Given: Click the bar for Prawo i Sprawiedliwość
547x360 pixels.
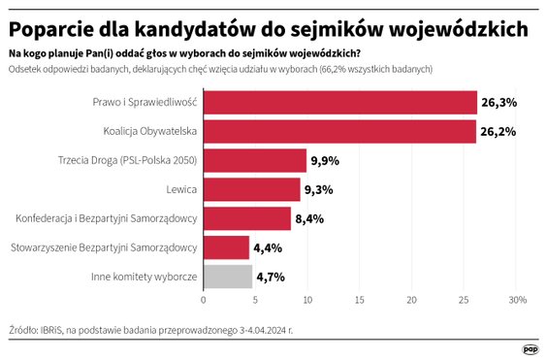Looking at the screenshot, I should [339, 103].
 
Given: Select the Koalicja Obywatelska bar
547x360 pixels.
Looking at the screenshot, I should [339, 132].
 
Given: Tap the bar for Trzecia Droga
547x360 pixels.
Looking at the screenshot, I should [254, 160].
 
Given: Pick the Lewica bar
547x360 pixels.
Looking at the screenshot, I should [251, 189].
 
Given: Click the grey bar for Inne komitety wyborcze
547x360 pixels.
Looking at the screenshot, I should [227, 277].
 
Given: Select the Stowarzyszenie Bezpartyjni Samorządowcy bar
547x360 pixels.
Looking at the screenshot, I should [226, 247].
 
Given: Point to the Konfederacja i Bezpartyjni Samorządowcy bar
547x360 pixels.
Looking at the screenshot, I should [246, 218].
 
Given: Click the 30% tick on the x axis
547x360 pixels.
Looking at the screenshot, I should [517, 299].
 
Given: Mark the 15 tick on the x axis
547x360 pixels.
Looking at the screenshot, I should [360, 299].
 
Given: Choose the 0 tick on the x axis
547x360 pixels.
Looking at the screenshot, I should [204, 299].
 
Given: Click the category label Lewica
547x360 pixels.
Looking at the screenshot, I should [179, 189].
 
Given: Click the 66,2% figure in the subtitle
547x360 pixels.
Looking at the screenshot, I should [338, 70].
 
